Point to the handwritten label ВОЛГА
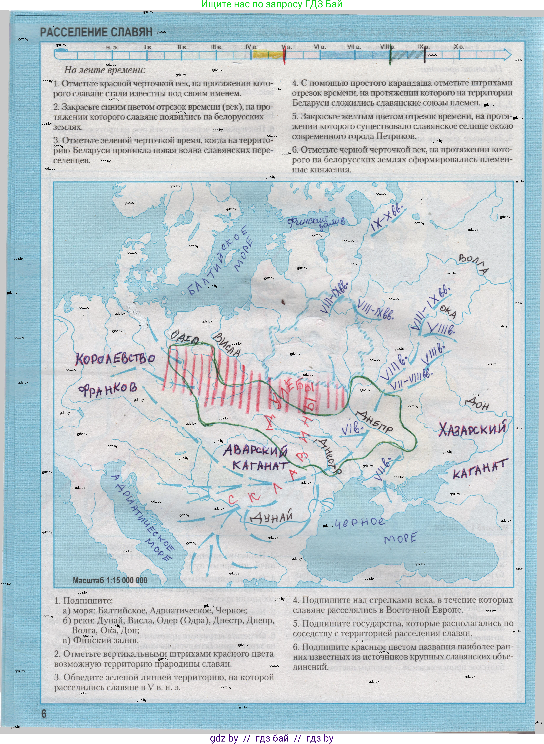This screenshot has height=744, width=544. pyautogui.click(x=474, y=264)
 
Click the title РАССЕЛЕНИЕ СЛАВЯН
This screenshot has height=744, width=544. pyautogui.click(x=96, y=32)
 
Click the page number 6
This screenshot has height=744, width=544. pyautogui.click(x=44, y=714)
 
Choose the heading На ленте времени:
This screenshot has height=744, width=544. pyautogui.click(x=104, y=70)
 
